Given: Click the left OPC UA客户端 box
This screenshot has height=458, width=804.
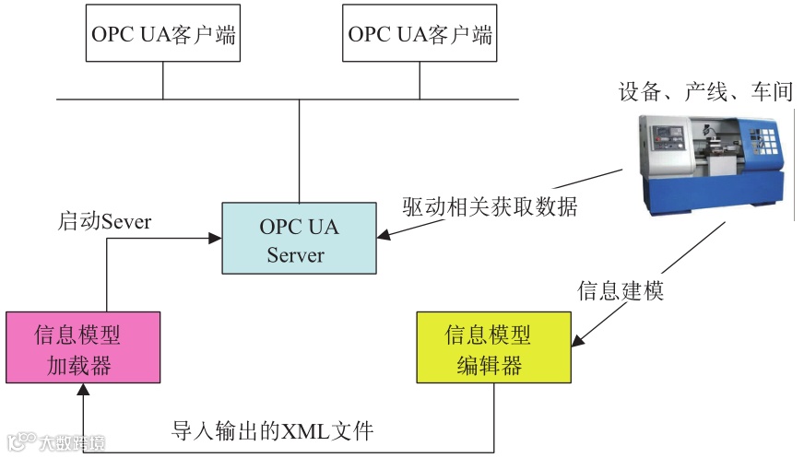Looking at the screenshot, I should point(163,36).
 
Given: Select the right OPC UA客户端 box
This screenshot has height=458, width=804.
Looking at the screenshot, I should point(420,36).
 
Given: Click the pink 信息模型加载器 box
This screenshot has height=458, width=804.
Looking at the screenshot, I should point(82,348).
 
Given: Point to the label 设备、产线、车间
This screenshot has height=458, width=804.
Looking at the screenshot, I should point(705,91).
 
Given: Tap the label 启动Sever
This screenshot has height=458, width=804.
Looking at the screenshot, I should point(104,221).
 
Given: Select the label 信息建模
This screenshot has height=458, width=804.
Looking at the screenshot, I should point(620,290).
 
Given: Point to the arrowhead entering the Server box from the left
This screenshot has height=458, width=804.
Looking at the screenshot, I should point(216,239).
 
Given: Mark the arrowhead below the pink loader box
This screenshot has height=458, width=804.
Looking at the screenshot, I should point(82,391).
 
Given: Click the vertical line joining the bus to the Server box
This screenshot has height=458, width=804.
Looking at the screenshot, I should point(299,147).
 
